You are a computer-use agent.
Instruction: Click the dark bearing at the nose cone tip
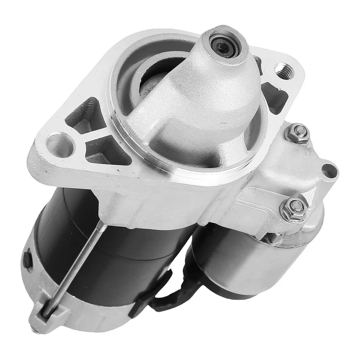pos(223,46)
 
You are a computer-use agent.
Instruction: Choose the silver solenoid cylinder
pos(240,262)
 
